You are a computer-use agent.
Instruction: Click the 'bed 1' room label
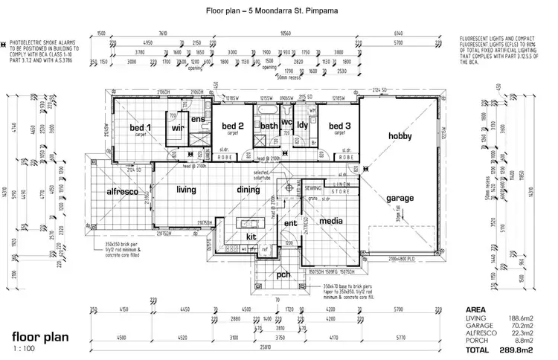coord(141,127)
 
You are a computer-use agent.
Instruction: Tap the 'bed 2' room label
coord(234,126)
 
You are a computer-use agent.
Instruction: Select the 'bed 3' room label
coord(339,126)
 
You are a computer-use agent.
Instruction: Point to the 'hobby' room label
coord(404,135)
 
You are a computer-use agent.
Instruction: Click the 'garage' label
coord(401,199)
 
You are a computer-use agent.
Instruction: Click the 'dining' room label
coord(248,190)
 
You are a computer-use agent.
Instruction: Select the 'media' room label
coord(330,221)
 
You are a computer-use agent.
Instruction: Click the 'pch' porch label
coord(283,274)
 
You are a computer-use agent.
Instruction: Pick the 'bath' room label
coord(269,126)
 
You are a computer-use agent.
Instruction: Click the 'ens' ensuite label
coord(198,119)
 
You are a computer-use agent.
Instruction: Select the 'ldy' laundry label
coord(302,126)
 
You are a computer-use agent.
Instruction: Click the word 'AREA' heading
coord(475,309)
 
